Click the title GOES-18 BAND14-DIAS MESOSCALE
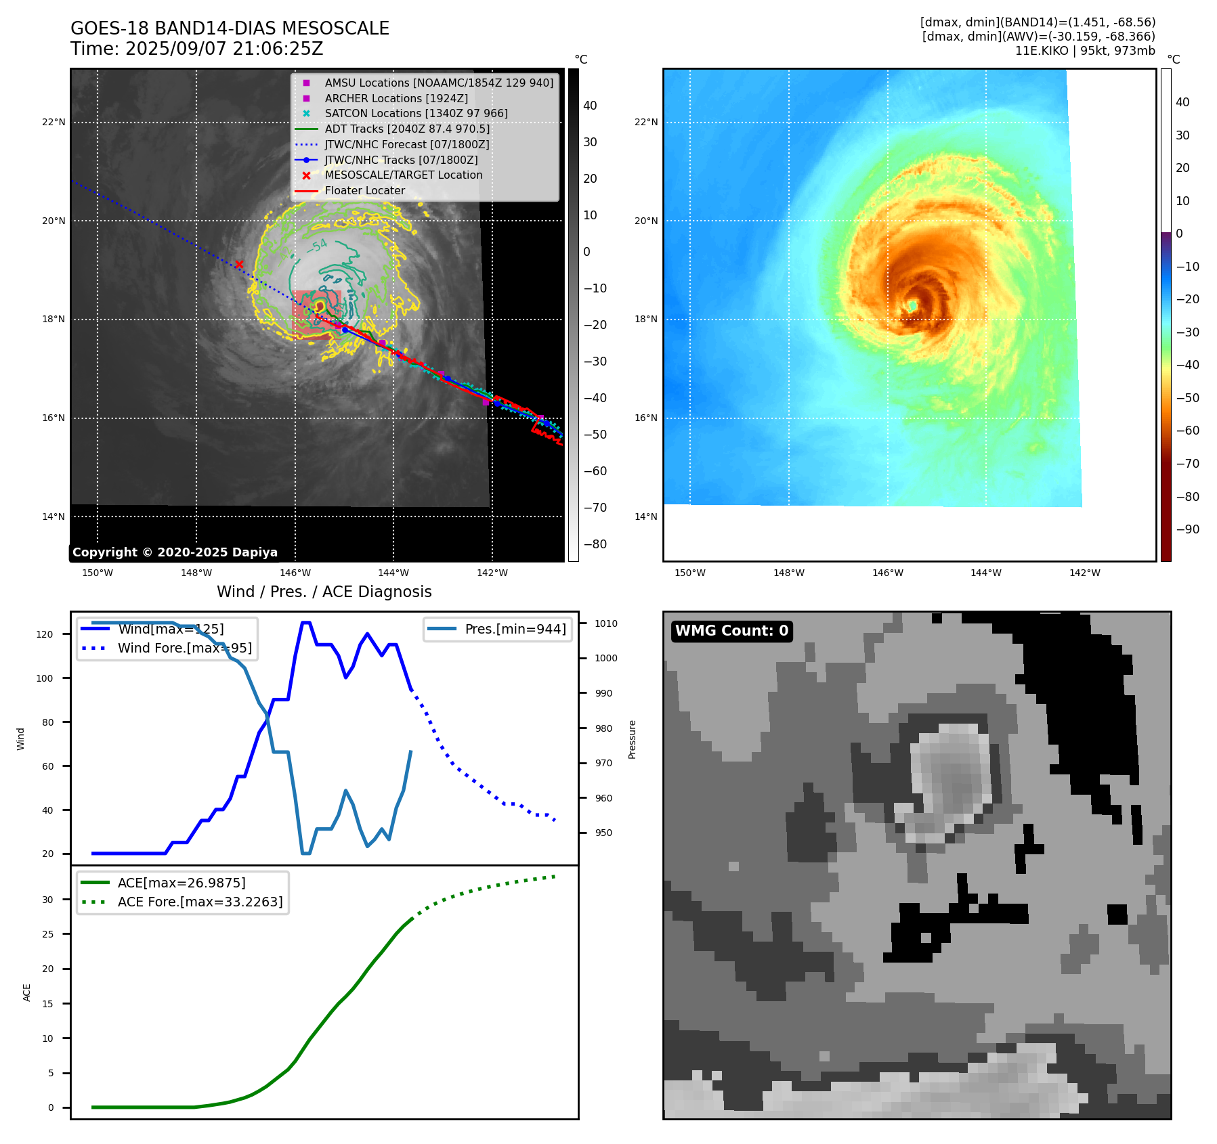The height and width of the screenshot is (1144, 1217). (230, 28)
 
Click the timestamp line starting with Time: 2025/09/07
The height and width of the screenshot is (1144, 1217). (196, 49)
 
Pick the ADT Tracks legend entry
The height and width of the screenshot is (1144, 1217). (406, 129)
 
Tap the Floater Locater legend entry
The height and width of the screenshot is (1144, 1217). (364, 191)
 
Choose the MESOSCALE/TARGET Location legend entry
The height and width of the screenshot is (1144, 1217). (403, 175)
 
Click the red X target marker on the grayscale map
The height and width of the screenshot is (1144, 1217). (239, 264)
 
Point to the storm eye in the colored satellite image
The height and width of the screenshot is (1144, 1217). (913, 306)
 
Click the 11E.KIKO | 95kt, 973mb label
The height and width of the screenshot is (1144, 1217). (1085, 51)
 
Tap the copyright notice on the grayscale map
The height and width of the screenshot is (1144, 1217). (175, 552)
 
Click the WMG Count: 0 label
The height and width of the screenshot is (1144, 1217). (731, 631)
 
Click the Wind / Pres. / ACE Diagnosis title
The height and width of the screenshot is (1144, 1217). (324, 592)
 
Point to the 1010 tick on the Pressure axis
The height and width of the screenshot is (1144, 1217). (606, 623)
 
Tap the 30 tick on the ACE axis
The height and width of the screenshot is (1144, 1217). (47, 900)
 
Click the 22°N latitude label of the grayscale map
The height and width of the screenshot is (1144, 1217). (54, 123)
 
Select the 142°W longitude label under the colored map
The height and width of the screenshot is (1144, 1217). (1084, 573)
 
